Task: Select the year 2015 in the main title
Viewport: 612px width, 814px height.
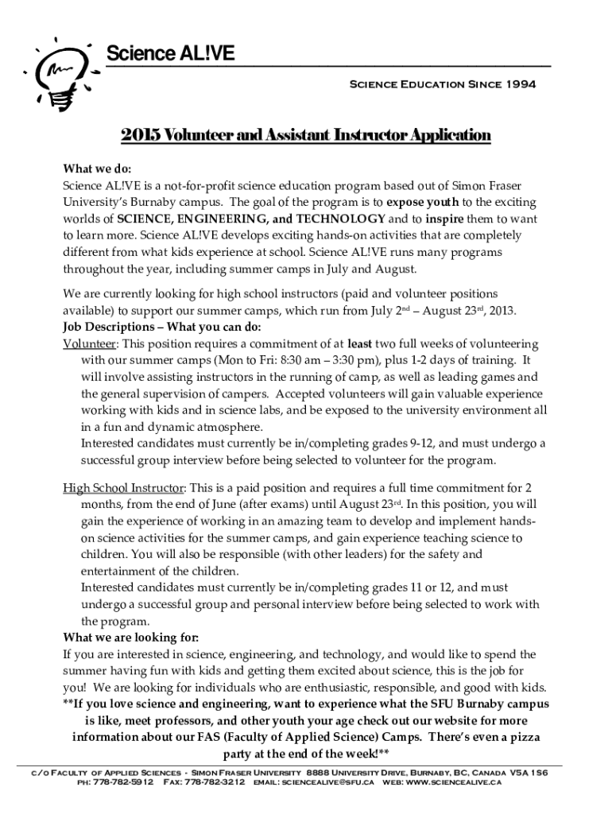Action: point(138,135)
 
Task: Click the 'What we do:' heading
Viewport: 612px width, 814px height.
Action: point(97,169)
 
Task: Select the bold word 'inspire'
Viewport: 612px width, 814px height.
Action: point(444,219)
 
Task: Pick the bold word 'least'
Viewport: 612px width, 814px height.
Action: point(361,343)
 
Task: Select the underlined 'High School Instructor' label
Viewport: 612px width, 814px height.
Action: point(124,487)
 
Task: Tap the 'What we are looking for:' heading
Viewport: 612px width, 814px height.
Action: point(131,638)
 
